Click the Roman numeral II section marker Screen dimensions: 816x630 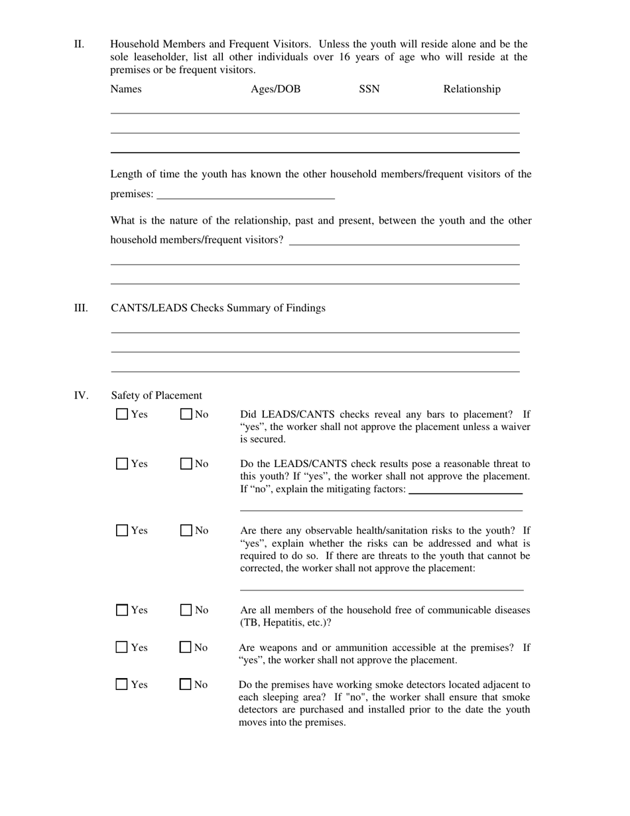[x=79, y=44]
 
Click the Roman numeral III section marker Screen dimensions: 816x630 [x=80, y=308]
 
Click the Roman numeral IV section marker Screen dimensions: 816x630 [x=81, y=395]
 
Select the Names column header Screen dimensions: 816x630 [x=126, y=89]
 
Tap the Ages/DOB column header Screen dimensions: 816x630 [x=275, y=89]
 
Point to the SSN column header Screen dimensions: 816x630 [x=369, y=89]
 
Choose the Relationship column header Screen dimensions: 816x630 [x=472, y=89]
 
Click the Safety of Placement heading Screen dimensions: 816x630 [x=157, y=395]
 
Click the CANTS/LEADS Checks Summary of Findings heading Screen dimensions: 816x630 [x=218, y=308]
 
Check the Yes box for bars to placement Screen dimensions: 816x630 [x=122, y=414]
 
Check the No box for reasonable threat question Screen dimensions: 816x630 [x=186, y=464]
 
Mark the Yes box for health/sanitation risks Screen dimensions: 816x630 [x=122, y=530]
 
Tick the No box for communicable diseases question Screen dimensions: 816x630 [x=186, y=610]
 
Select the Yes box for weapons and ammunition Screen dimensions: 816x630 [x=122, y=647]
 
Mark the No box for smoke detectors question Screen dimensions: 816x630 [x=186, y=684]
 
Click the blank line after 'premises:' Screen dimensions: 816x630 [x=245, y=194]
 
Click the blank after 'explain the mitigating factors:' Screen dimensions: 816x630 [x=466, y=490]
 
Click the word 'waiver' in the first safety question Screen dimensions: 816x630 [x=515, y=427]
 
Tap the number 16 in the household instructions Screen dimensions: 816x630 [x=344, y=57]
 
